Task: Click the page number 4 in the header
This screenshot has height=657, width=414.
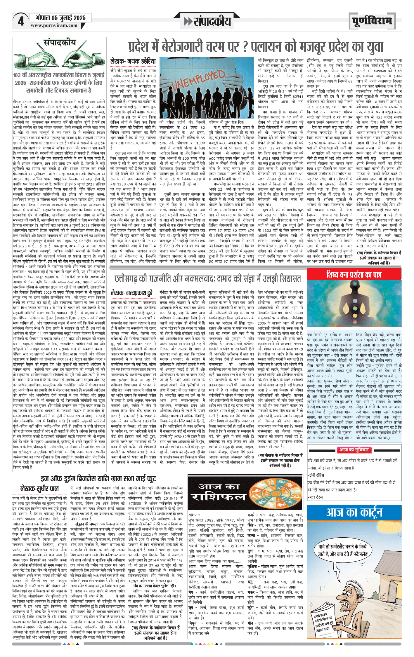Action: tap(20, 21)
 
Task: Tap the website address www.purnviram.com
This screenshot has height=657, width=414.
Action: tap(54, 25)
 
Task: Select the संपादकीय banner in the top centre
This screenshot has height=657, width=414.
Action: tap(208, 21)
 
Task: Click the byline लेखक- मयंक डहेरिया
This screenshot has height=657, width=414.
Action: tap(133, 61)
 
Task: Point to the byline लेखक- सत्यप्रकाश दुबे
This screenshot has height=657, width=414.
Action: tap(131, 293)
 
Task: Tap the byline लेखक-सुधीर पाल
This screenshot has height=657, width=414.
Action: tap(39, 489)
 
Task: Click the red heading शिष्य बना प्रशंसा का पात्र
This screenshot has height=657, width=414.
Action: tap(354, 274)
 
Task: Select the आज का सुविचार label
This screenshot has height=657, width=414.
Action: tap(354, 450)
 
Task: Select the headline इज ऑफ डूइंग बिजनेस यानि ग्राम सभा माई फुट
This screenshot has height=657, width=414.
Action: tap(98, 479)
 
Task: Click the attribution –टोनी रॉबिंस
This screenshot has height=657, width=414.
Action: tap(316, 475)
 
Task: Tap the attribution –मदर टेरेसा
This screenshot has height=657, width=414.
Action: tap(316, 496)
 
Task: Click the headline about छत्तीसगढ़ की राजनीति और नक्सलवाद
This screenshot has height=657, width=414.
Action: tap(207, 279)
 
